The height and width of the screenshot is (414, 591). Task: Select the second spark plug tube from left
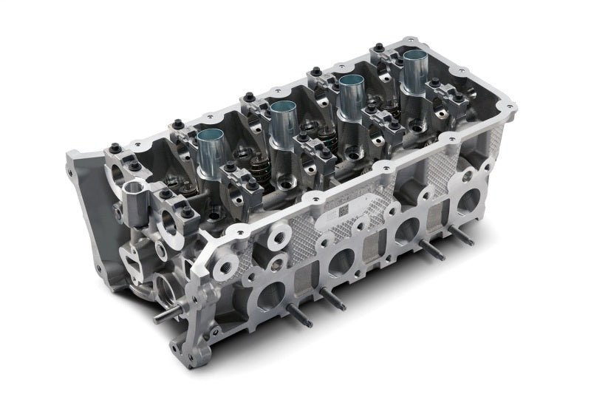[282, 123]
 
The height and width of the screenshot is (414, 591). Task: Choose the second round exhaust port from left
[341, 262]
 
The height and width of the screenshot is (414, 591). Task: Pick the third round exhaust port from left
[406, 231]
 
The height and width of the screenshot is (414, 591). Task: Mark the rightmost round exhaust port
[466, 202]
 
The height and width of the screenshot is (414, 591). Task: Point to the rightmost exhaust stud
[462, 235]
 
